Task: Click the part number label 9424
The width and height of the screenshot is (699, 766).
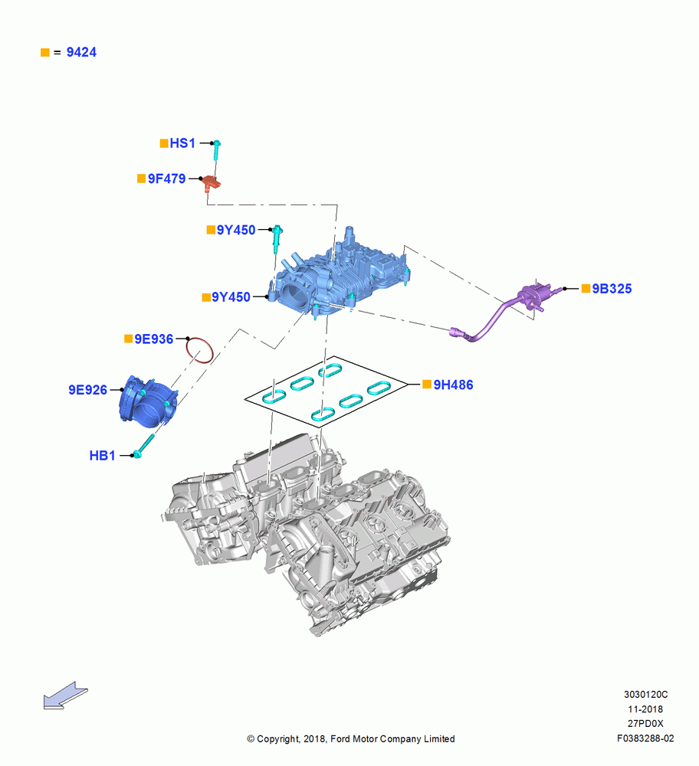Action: [81, 52]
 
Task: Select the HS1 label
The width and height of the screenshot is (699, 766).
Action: [182, 143]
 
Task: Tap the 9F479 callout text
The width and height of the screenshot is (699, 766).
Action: [166, 178]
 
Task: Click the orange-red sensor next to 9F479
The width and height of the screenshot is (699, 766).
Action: [212, 183]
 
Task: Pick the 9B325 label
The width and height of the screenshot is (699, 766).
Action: [612, 289]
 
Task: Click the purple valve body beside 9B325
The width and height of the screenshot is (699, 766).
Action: [535, 295]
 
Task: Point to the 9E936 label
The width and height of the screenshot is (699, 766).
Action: [153, 339]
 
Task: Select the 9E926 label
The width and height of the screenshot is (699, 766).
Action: [87, 390]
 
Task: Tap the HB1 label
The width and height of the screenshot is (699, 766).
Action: [102, 456]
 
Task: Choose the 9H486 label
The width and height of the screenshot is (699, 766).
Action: [453, 385]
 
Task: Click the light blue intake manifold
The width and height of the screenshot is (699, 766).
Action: [342, 276]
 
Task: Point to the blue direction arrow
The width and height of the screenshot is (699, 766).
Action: [65, 696]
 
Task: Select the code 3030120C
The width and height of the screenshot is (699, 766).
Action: [645, 695]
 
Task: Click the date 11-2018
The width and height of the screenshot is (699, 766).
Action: [645, 709]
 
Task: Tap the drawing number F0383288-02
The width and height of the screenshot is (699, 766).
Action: [645, 738]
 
